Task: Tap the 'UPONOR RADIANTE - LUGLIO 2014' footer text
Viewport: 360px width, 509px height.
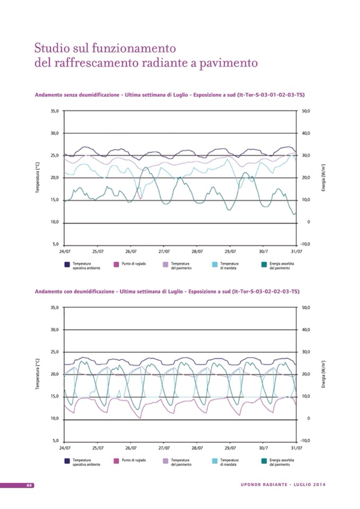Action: (x=283, y=485)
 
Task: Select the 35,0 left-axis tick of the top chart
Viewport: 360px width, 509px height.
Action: (x=55, y=111)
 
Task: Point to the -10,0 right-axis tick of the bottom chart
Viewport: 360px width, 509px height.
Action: (x=305, y=441)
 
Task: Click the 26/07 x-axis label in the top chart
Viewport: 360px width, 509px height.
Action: (x=131, y=251)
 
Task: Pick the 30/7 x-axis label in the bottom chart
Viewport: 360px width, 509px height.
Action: (x=264, y=447)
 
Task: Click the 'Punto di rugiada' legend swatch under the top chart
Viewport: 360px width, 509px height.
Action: (x=116, y=264)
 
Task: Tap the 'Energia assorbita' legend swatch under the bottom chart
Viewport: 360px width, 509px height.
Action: (x=264, y=461)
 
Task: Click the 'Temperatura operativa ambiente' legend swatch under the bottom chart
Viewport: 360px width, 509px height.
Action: (x=67, y=461)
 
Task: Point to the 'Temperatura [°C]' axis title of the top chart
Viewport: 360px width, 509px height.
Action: (x=38, y=178)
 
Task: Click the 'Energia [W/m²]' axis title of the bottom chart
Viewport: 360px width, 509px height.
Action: (x=324, y=374)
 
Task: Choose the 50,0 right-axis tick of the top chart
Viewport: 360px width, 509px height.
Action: (x=305, y=111)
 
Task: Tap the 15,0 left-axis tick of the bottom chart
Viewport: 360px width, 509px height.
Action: (x=55, y=396)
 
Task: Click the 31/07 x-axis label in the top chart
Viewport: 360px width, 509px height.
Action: (x=297, y=251)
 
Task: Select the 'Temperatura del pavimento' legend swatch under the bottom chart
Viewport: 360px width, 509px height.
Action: (x=166, y=461)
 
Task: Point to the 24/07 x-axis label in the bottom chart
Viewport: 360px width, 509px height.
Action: (x=64, y=447)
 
